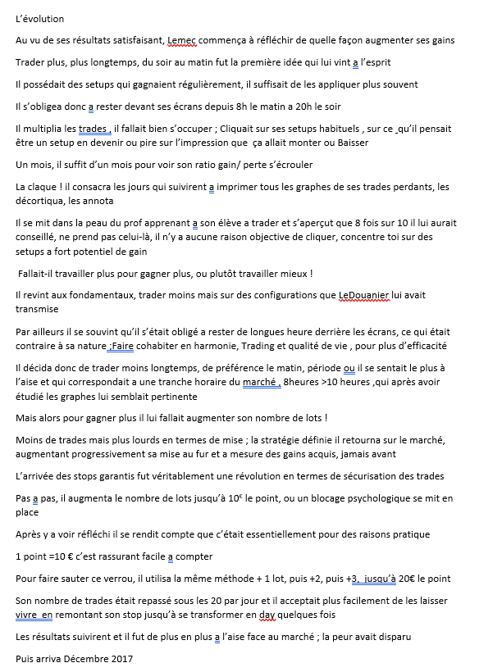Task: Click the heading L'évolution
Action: click(x=39, y=19)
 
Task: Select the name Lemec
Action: click(x=183, y=40)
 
